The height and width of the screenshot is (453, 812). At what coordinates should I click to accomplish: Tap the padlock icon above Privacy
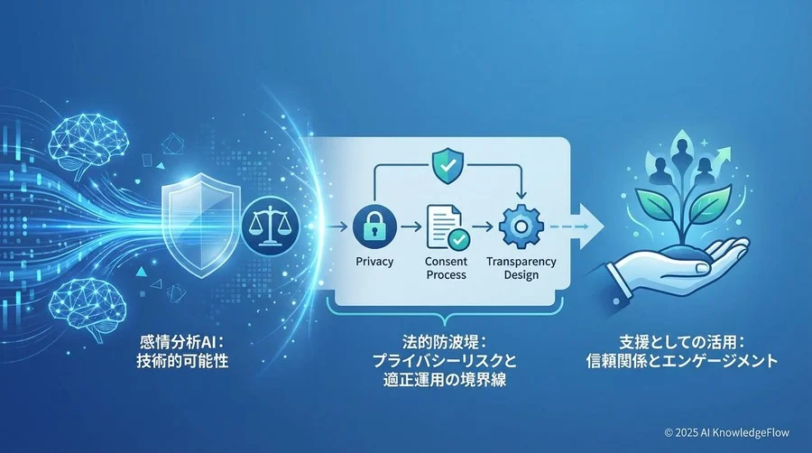pos(374,226)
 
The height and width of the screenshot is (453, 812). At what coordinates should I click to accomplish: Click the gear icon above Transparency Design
pos(521,226)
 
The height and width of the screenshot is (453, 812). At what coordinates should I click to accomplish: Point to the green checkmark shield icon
pos(448,165)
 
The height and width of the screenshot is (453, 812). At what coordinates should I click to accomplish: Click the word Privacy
pos(374,262)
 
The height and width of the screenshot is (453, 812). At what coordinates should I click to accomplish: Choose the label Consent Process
pos(446,268)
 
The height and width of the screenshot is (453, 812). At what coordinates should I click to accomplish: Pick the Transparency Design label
pos(521,268)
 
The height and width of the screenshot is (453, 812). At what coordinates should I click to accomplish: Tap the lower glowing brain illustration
pos(88,308)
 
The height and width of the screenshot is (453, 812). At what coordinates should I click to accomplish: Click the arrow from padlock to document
pos(411,226)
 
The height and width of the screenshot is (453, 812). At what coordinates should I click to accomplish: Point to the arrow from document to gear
pos(482,226)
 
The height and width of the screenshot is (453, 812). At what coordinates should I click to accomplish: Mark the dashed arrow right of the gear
pos(568,226)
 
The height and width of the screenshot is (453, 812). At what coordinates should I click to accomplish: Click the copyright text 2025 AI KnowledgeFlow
pos(726,431)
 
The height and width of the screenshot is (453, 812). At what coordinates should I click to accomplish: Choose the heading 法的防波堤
pos(445,342)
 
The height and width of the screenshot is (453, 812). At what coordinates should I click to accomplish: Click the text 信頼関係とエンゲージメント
pos(682,360)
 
